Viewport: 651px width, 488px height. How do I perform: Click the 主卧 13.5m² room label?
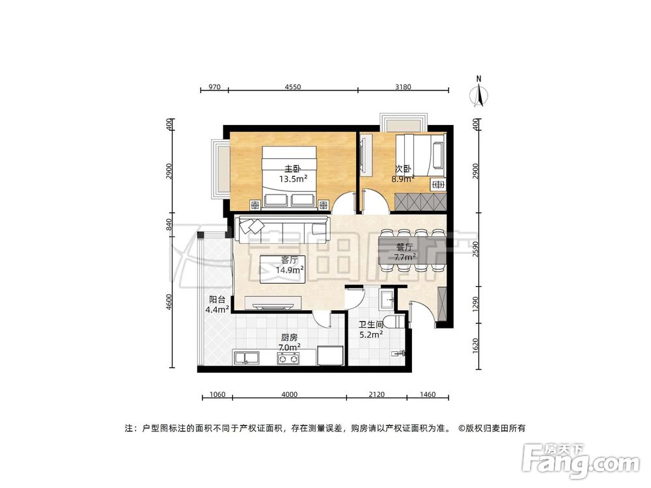(294, 174)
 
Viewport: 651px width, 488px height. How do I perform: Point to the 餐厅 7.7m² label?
(405, 252)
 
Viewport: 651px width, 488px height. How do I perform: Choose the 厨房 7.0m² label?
(290, 343)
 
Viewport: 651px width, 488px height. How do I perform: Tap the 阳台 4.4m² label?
(217, 305)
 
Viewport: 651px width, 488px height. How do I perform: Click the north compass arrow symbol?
(479, 94)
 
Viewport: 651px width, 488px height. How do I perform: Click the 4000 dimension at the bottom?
(289, 394)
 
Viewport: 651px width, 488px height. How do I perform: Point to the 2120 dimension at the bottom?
(376, 394)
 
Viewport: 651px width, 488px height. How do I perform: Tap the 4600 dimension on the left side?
(169, 303)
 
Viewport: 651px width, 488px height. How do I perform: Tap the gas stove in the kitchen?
(288, 357)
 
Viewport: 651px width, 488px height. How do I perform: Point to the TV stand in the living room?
(273, 302)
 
